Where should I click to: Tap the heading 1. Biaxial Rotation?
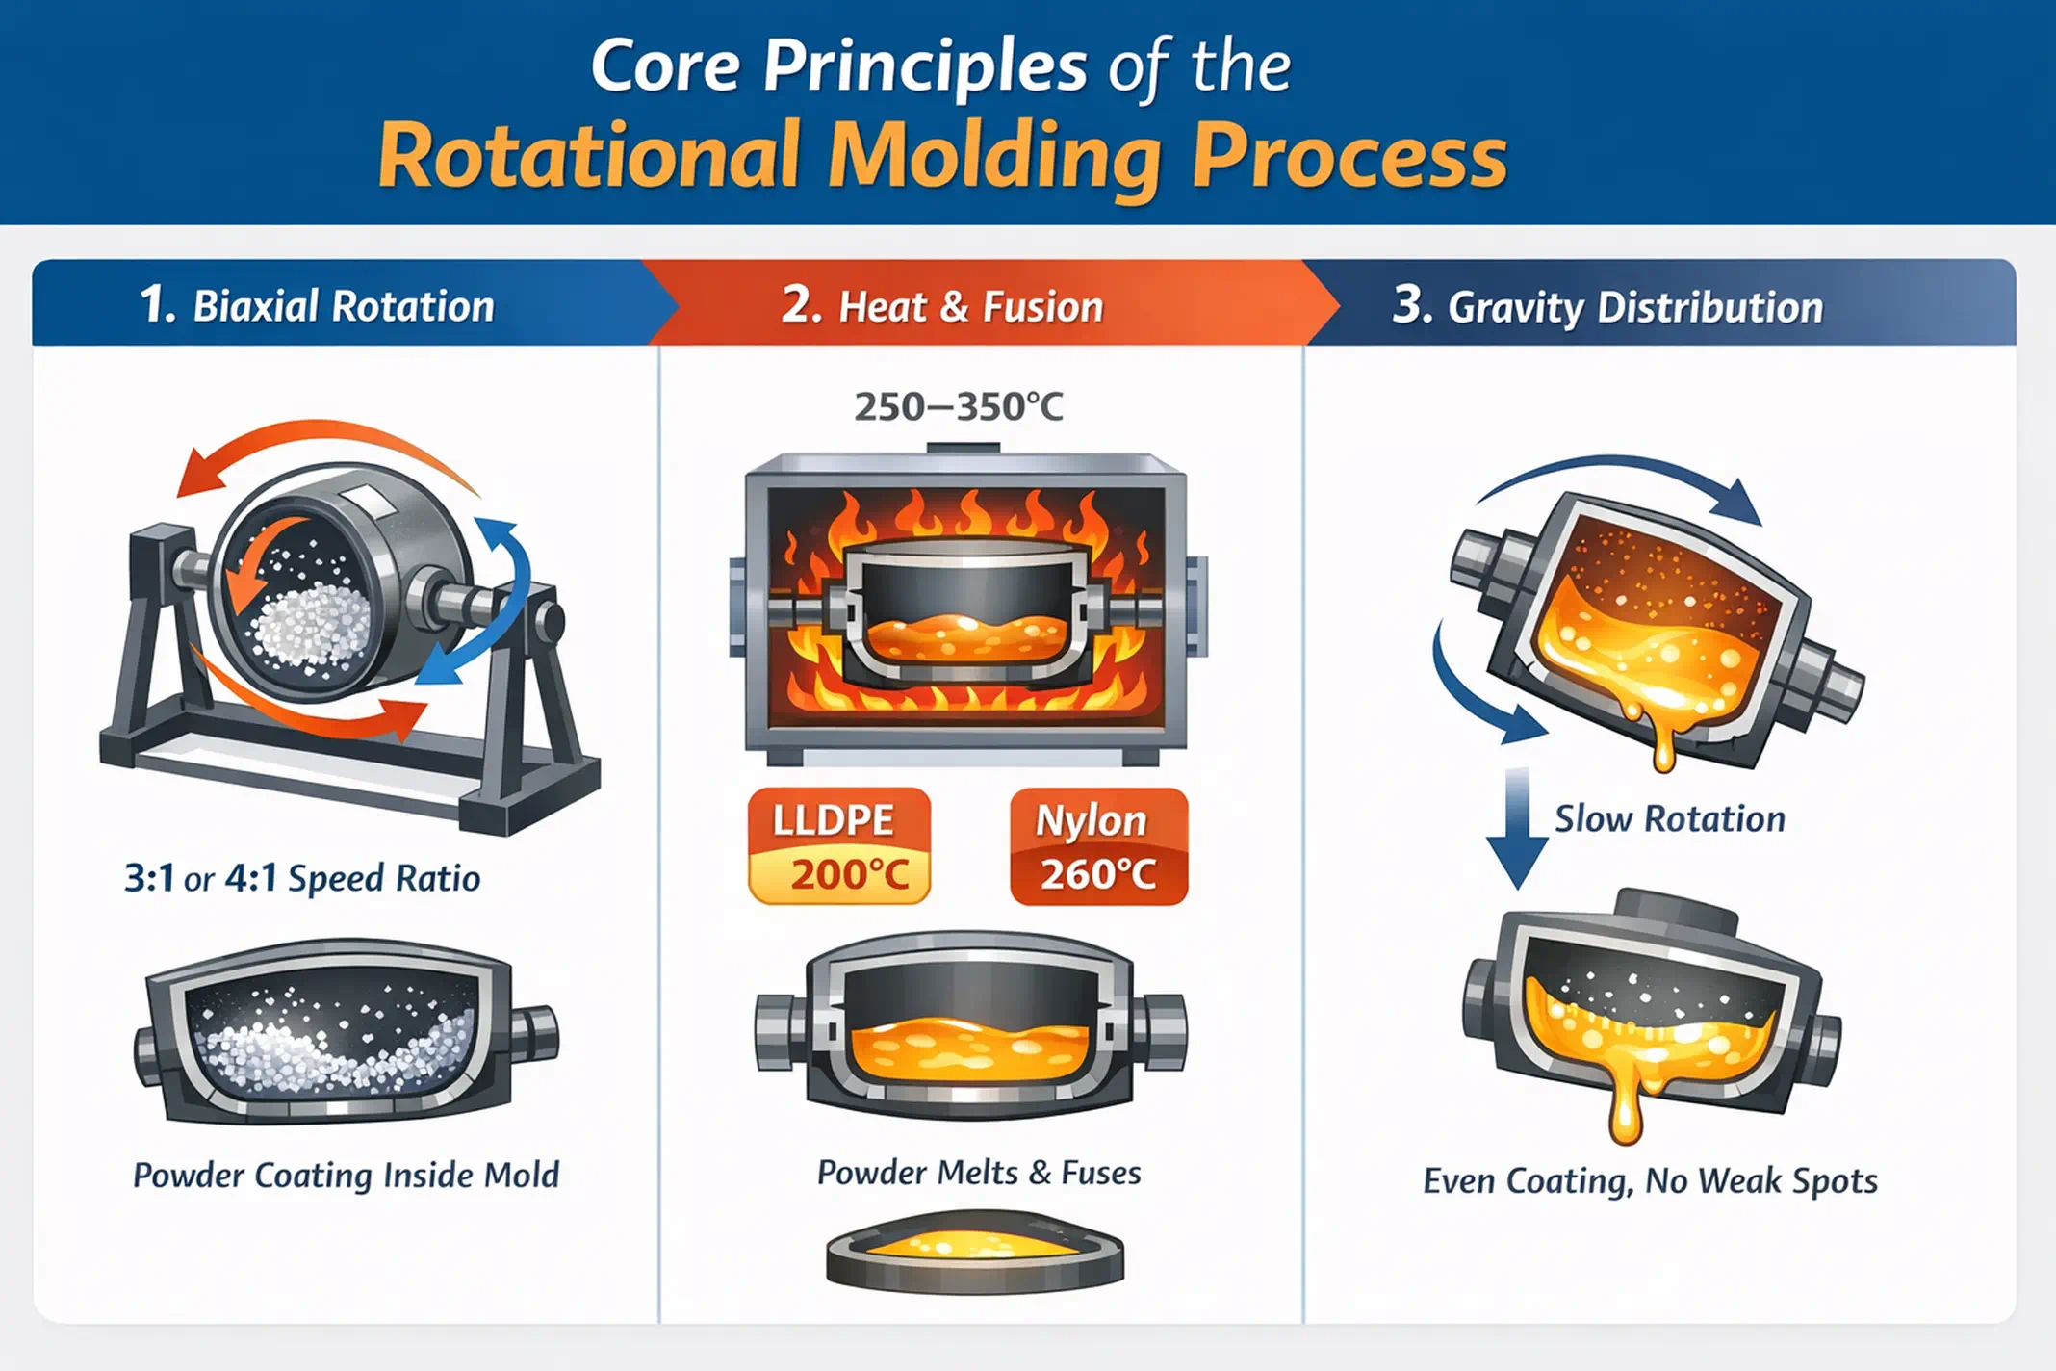[317, 306]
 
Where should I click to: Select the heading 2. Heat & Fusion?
[942, 306]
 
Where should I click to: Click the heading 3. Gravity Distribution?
[1607, 307]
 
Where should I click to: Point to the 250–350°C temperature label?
[959, 406]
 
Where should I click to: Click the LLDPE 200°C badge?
[839, 846]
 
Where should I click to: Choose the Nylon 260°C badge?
[1098, 846]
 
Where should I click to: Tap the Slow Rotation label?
[1670, 818]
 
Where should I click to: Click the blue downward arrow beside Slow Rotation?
[1517, 828]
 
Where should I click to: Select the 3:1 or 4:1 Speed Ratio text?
[302, 878]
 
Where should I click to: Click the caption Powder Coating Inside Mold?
[346, 1176]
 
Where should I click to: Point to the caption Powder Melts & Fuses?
[979, 1173]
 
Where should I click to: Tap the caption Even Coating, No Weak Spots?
[1650, 1180]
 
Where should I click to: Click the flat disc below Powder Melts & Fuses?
[974, 1253]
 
